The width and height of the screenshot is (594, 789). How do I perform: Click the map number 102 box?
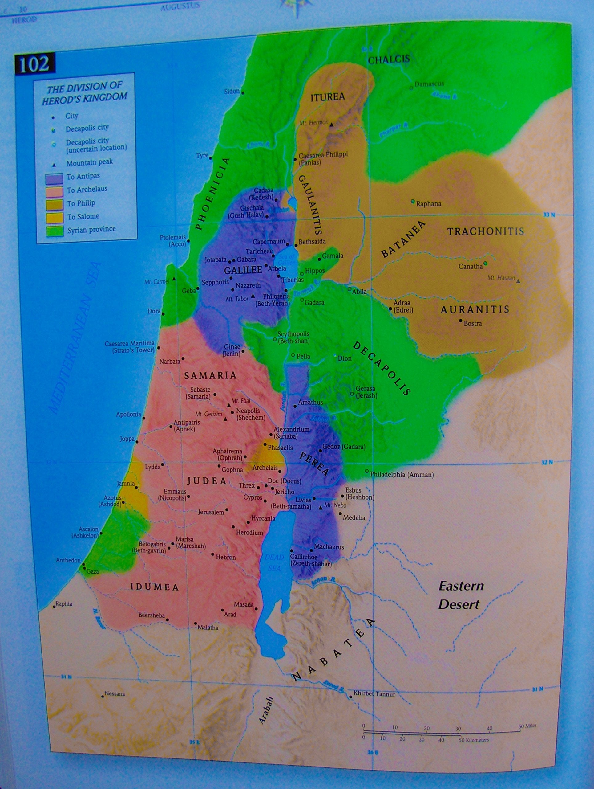point(34,64)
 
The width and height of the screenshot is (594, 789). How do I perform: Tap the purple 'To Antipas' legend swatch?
point(54,178)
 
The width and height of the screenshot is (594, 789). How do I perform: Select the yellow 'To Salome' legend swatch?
point(54,217)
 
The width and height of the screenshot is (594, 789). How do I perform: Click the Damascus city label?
point(429,84)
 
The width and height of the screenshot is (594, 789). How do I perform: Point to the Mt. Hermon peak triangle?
point(331,125)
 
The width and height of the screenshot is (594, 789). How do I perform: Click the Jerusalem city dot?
point(227,510)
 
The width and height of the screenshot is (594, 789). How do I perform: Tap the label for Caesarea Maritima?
point(129,346)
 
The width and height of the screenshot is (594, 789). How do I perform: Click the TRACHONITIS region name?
point(485,231)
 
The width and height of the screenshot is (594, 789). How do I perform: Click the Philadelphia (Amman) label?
point(402,475)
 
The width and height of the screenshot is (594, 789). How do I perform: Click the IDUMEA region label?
point(154,587)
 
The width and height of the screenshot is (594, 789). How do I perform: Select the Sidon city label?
point(232,91)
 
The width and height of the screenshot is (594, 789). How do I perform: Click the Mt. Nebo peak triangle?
point(320,507)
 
